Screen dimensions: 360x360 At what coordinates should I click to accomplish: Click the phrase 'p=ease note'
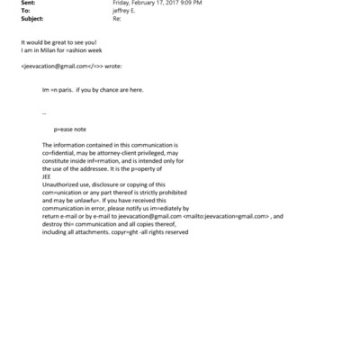(70, 130)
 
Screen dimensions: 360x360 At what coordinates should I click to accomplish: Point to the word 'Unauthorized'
(60, 184)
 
